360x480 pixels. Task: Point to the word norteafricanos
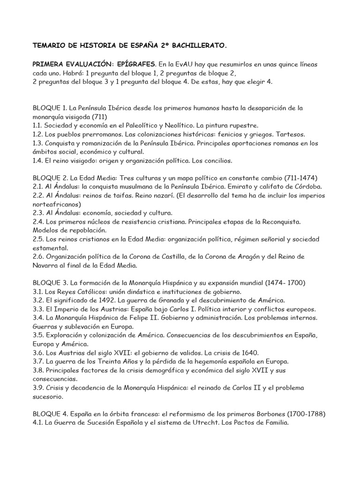[x=57, y=204]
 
